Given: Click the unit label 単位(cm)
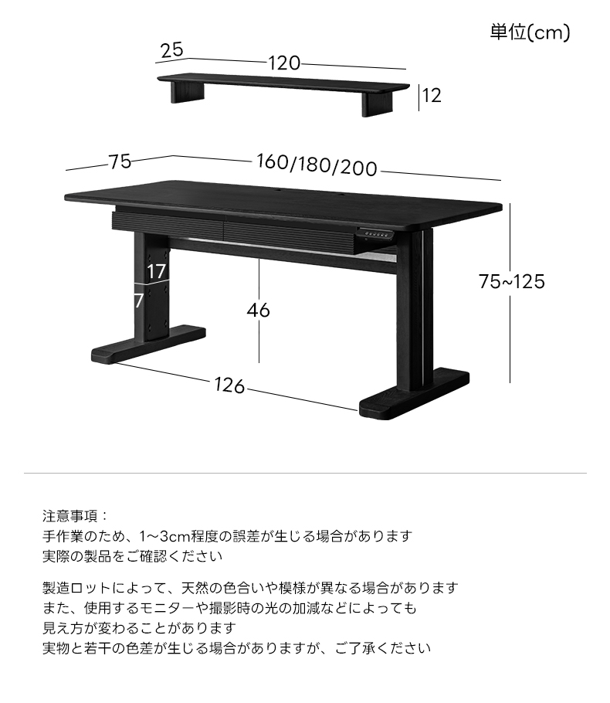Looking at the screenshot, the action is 530,32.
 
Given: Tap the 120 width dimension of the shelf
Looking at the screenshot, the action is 284,63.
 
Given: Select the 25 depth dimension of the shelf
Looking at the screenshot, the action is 171,49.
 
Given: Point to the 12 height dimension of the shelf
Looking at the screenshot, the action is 432,96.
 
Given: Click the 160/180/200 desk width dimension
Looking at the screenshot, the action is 317,165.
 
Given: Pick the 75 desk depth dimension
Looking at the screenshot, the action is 120,162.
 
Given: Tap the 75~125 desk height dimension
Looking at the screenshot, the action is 512,281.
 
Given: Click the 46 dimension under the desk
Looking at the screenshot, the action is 259,310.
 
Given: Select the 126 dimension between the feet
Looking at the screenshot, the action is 229,385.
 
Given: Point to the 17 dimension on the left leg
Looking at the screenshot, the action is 157,272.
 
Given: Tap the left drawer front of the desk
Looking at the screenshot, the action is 169,221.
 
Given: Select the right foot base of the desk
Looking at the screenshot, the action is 414,393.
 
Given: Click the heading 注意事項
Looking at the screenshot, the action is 70,516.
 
